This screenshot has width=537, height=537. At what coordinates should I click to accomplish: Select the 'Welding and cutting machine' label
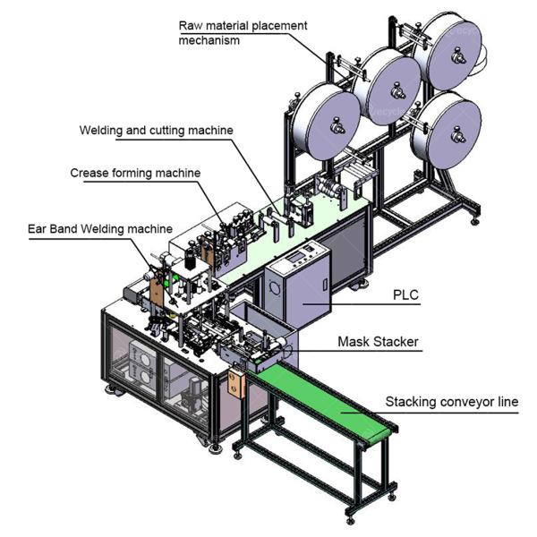[x=156, y=130]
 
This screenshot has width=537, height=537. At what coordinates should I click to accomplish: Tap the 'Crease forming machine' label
[x=135, y=173]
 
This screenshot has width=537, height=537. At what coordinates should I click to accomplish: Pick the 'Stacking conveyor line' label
[x=451, y=402]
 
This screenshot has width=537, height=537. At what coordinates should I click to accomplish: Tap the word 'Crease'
[x=89, y=173]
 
